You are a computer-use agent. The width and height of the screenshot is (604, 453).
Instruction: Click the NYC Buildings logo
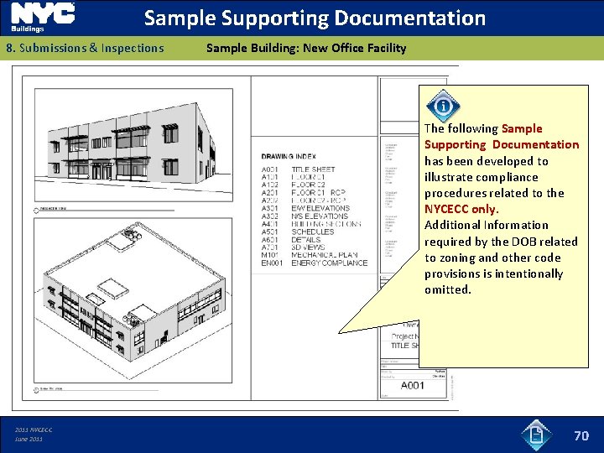point(42,18)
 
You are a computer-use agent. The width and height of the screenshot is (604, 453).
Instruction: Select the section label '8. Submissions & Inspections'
point(85,48)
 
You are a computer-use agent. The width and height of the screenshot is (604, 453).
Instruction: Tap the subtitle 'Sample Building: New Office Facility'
point(305,48)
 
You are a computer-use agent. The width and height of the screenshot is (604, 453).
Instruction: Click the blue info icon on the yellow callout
point(442,107)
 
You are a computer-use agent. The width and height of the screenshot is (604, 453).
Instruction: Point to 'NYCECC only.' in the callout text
point(461,209)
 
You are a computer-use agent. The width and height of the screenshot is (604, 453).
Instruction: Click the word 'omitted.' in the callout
point(448,289)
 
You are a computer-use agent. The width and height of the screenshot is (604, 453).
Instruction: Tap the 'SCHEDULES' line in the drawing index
point(312,232)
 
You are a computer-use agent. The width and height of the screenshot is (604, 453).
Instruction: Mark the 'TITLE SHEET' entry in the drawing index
point(313,169)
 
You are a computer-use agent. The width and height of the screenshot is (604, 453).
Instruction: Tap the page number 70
point(581,435)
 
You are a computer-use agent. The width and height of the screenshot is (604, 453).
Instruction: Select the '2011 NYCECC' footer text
point(34,430)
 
